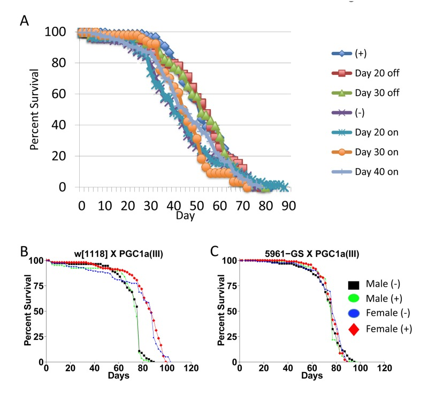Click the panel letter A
click(x=25, y=21)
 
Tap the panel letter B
click(x=25, y=251)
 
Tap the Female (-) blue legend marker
click(x=354, y=314)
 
